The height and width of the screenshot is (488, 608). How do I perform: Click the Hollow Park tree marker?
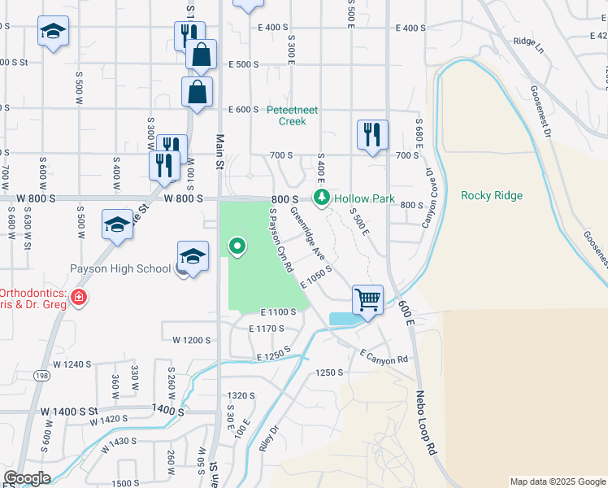[x=323, y=198]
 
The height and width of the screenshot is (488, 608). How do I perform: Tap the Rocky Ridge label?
[x=491, y=195]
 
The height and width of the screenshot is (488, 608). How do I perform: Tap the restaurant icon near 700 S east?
[x=372, y=134]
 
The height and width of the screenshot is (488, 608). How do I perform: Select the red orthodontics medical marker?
[x=78, y=298]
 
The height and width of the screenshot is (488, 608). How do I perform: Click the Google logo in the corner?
[x=26, y=478]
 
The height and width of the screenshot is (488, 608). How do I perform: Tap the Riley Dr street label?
[x=268, y=440]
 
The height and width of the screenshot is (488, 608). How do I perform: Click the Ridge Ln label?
[x=528, y=41]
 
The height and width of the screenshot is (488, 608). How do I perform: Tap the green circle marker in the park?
[x=237, y=244]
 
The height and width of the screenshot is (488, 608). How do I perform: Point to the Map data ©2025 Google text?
[x=557, y=481]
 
